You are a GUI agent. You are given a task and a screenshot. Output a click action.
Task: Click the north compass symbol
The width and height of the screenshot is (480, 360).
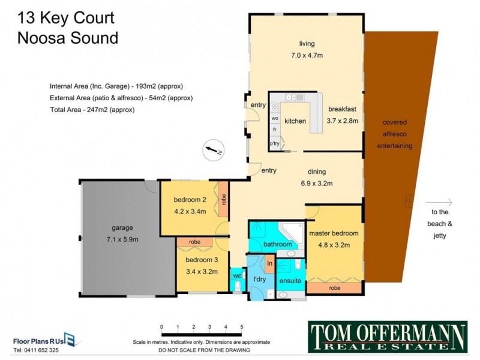click(x=213, y=149)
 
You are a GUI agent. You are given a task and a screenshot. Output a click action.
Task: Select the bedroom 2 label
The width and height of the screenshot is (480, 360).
click(x=190, y=200)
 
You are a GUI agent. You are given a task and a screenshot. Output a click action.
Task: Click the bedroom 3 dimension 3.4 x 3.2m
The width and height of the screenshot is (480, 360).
click(x=201, y=271)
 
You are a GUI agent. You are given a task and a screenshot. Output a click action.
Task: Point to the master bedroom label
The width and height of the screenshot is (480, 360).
click(x=334, y=233)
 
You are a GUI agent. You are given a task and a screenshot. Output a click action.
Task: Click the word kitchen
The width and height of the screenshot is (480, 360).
click(x=295, y=121)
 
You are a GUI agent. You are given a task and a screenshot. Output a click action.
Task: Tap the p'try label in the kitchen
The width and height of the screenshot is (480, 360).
click(x=275, y=143)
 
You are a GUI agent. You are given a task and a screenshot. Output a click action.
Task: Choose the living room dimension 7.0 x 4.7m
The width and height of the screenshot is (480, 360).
click(x=307, y=55)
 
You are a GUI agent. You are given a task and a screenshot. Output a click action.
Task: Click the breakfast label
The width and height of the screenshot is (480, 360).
click(x=343, y=109)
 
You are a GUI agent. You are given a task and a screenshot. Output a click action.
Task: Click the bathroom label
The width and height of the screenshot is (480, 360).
click(x=278, y=245)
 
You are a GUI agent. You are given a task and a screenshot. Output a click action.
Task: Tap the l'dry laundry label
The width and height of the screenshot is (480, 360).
click(x=259, y=280)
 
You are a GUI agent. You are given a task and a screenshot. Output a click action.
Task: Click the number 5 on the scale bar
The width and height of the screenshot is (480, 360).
click(x=242, y=326)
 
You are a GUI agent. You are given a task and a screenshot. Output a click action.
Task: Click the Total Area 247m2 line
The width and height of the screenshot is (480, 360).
click(x=92, y=110)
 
